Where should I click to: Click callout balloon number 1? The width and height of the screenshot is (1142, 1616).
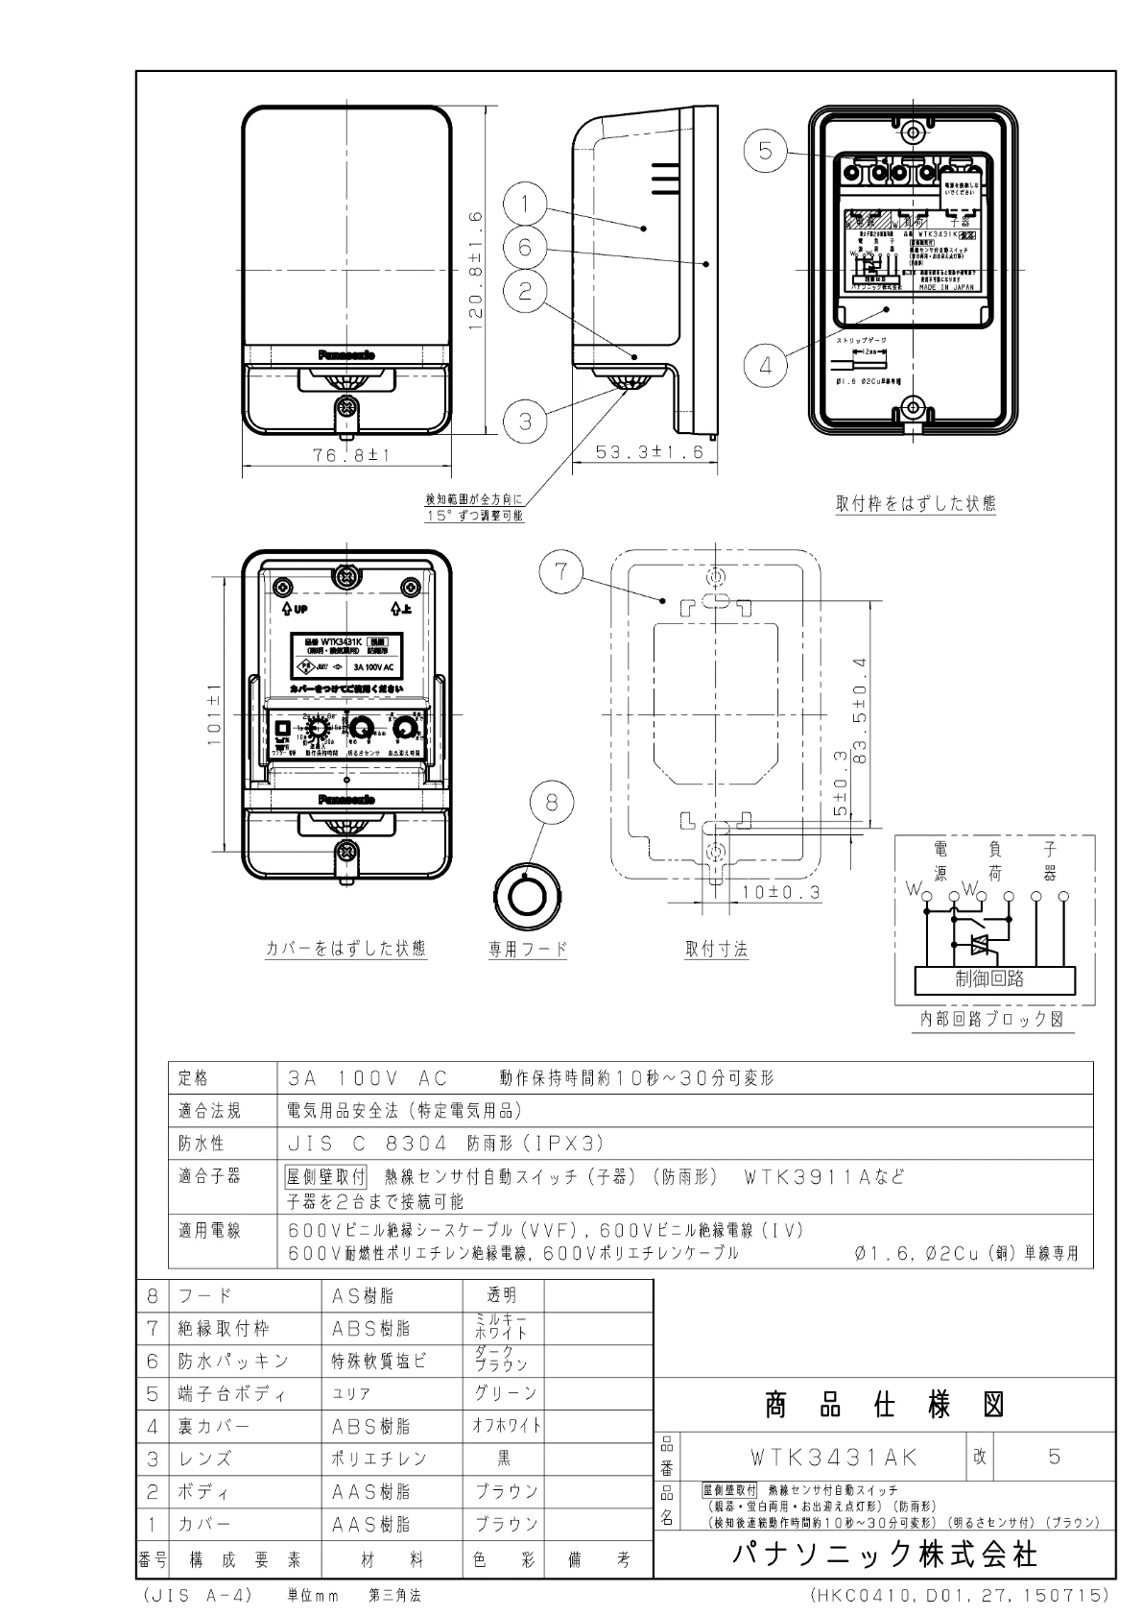pyautogui.click(x=527, y=203)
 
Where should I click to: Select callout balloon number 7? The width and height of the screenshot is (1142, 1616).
pyautogui.click(x=561, y=573)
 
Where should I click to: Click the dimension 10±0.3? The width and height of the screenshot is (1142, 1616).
pyautogui.click(x=780, y=893)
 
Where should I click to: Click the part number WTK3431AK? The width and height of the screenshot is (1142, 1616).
pyautogui.click(x=835, y=1457)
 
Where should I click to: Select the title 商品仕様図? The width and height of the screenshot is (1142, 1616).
pyautogui.click(x=883, y=1406)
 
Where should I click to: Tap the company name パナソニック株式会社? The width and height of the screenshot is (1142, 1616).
pyautogui.click(x=884, y=1555)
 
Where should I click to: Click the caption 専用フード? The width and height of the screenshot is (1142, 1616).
pyautogui.click(x=528, y=950)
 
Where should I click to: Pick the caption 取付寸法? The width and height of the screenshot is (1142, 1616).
pyautogui.click(x=716, y=950)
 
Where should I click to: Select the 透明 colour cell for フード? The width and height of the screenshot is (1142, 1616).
pyautogui.click(x=503, y=1296)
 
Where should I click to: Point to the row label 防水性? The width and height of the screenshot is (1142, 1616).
pyautogui.click(x=202, y=1144)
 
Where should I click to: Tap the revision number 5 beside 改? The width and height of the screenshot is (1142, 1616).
pyautogui.click(x=1054, y=1457)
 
